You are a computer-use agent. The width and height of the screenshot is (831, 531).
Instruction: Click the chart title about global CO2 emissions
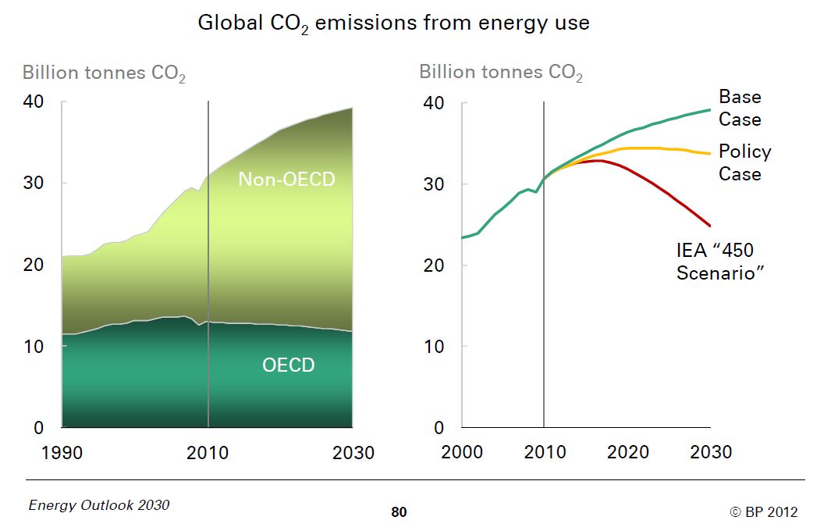(x=393, y=23)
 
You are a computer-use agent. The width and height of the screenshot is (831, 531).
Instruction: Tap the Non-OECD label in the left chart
(x=286, y=179)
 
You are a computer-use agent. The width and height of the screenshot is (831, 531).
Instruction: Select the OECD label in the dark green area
(x=288, y=365)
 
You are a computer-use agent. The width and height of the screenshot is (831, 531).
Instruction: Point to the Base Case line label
(x=739, y=108)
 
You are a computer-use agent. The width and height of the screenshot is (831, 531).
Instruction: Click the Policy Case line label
(x=744, y=162)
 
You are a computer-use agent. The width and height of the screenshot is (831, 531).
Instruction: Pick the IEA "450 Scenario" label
(x=717, y=262)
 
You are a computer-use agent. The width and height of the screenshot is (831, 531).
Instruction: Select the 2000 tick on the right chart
(x=462, y=452)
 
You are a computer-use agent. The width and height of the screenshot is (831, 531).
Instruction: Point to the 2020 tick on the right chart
(x=627, y=452)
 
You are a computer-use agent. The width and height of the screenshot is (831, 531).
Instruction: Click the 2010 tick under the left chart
(x=208, y=453)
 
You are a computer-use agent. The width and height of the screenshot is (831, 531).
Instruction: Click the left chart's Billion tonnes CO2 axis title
(x=104, y=73)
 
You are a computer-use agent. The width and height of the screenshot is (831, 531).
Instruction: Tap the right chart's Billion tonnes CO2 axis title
(x=501, y=73)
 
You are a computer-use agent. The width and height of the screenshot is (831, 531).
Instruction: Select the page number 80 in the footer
(x=399, y=512)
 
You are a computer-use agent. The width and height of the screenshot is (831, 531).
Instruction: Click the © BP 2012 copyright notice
(x=763, y=511)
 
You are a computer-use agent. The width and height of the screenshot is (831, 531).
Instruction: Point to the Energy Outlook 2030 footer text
(x=98, y=504)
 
